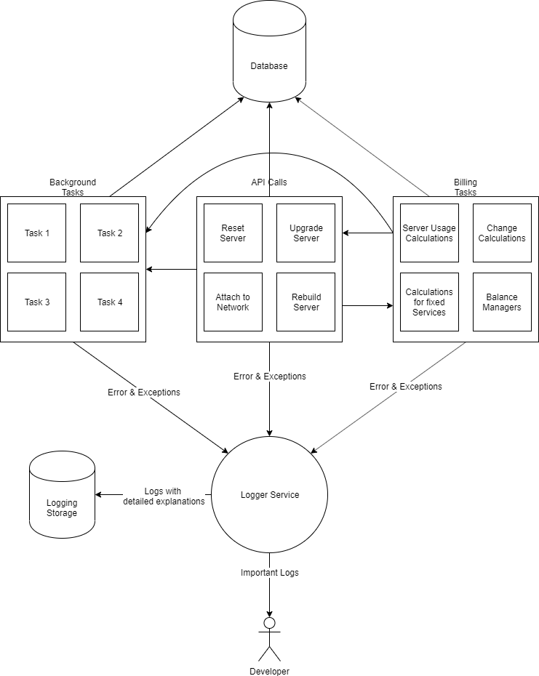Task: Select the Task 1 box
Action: pos(36,233)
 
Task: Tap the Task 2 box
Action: pos(109,233)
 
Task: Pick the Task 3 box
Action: pos(36,302)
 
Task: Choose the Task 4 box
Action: pos(109,302)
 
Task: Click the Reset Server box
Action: pos(233,233)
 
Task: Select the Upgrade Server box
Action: pos(306,233)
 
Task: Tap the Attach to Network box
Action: pos(233,302)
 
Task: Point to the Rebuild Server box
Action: pos(306,302)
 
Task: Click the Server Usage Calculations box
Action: pos(429,233)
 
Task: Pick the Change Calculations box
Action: pos(502,233)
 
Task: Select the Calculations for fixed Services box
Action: pos(429,302)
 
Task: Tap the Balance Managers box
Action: pos(502,302)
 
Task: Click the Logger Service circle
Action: pos(269,495)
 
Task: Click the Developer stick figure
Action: pos(269,640)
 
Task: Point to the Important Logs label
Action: pos(269,573)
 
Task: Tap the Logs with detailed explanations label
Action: pos(164,496)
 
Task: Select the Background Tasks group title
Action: pos(73,188)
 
